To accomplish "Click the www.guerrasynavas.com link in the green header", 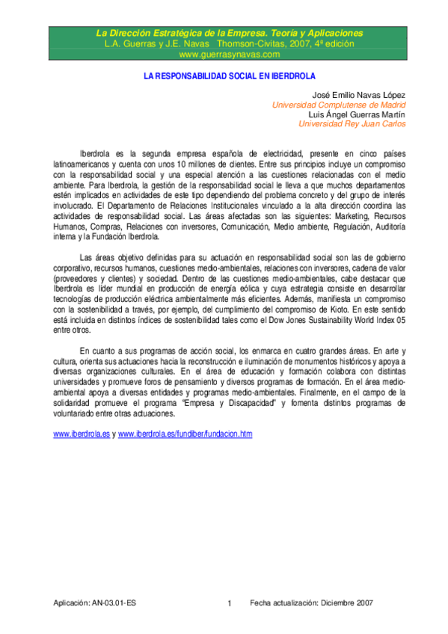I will point(229,55).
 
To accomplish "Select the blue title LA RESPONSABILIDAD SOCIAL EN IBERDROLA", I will point(230,76).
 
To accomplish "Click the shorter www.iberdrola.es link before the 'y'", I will point(82,434).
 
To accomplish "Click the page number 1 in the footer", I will point(230,603).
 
